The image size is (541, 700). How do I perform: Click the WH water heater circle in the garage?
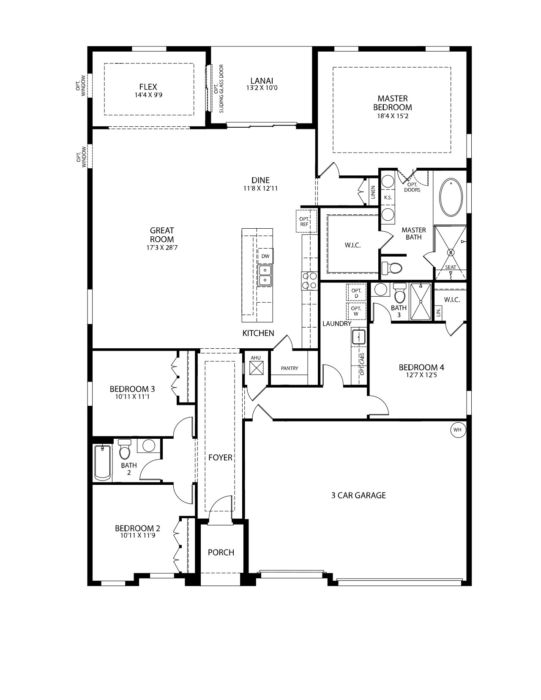tap(457, 430)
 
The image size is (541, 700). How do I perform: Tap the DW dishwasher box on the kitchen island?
tap(265, 256)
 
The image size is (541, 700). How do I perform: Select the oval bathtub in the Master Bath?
tap(451, 197)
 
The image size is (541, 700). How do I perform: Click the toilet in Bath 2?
tap(124, 449)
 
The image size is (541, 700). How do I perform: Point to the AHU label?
tap(256, 358)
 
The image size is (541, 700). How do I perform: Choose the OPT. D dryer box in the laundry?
tap(356, 293)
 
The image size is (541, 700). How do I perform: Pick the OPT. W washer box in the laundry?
tap(356, 311)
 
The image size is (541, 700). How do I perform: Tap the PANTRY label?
tap(290, 368)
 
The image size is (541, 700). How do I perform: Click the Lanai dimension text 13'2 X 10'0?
tap(262, 87)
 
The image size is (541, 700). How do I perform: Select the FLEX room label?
tap(148, 87)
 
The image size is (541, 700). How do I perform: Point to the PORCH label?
tap(221, 552)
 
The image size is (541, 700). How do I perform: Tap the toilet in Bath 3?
tap(400, 292)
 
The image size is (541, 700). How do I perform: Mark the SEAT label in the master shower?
tap(451, 267)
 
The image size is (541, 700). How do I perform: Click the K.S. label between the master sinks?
tap(388, 197)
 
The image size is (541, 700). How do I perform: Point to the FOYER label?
tap(220, 457)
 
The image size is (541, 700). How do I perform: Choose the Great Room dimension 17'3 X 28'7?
tap(161, 248)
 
